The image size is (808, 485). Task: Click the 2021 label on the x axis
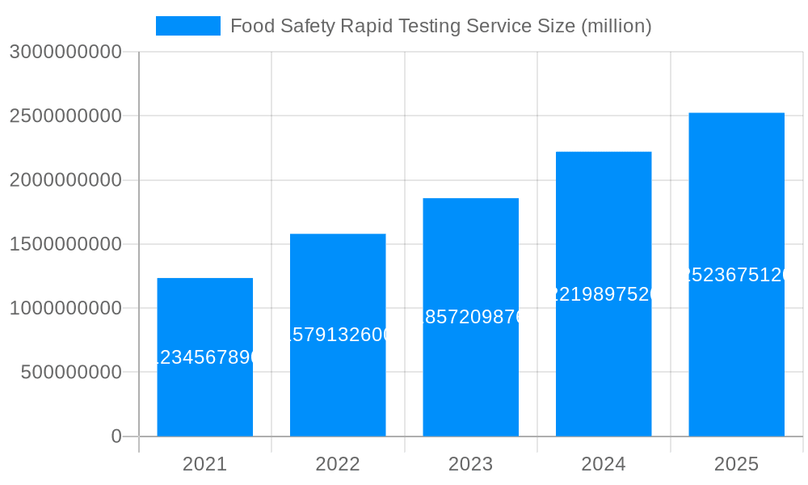204,464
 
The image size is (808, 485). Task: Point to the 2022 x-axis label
338,464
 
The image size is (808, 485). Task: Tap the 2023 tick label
470,464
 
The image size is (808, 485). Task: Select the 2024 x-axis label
604,464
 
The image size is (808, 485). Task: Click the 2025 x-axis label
736,464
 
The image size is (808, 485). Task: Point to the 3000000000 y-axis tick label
65,53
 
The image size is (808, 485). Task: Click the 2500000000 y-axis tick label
65,116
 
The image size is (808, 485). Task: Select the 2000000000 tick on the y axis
65,180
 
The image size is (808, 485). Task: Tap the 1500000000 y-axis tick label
65,244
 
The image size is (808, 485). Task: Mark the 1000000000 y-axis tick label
65,309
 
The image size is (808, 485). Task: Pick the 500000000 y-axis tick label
71,373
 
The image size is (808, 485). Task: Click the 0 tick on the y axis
116,436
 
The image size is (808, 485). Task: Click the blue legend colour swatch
187,26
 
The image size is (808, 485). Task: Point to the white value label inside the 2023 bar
470,317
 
